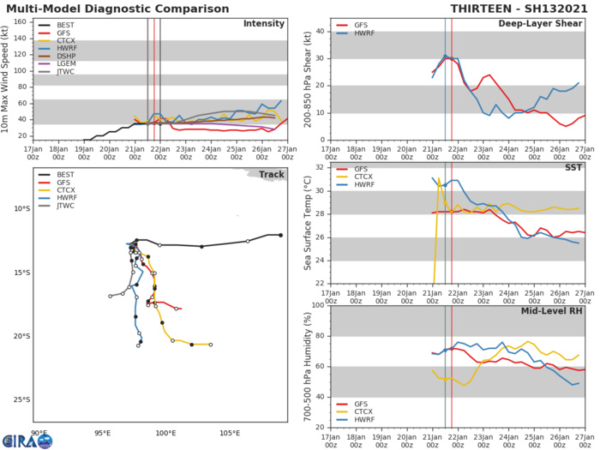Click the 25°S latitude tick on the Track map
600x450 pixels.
point(23,399)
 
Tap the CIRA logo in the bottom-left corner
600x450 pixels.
point(26,440)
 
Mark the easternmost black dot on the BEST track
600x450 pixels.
point(279,235)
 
